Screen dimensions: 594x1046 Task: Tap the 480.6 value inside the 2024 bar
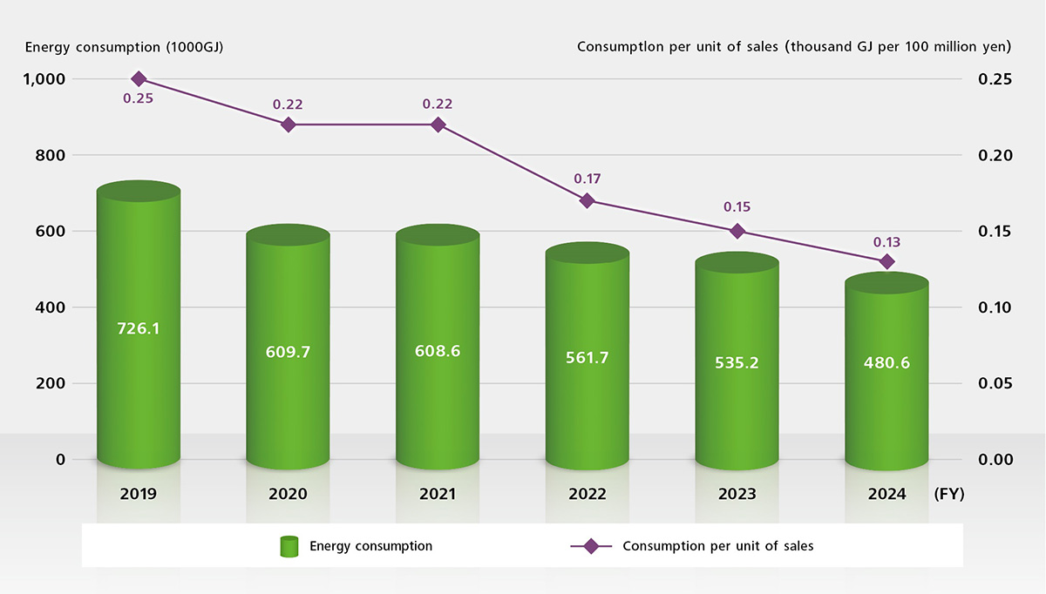[x=886, y=363]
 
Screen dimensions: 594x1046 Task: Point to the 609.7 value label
[x=288, y=352]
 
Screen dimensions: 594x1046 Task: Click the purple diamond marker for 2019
[x=138, y=79]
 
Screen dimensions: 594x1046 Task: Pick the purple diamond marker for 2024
[x=886, y=261]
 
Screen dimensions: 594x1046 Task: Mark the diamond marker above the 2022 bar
[x=588, y=200]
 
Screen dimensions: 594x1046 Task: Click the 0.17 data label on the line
[x=588, y=179]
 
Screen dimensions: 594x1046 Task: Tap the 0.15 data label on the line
[x=737, y=207]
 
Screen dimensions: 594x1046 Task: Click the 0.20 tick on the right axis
[x=995, y=155]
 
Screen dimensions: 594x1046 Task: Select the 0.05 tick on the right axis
[x=995, y=383]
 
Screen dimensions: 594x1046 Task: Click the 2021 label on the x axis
[x=438, y=494]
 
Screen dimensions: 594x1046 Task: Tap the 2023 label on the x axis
[x=737, y=494]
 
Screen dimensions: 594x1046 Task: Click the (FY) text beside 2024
[x=948, y=494]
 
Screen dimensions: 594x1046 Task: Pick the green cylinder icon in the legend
[x=289, y=547]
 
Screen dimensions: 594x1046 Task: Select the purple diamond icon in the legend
[x=591, y=547]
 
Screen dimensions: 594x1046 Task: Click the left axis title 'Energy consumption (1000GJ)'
[x=125, y=47]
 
